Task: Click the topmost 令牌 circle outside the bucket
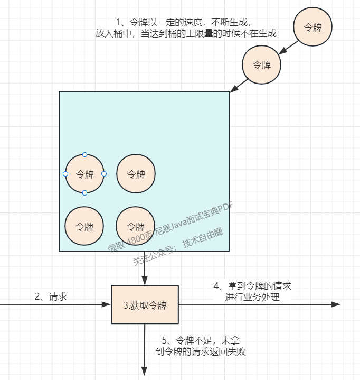click(313, 27)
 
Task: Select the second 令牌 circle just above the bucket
click(261, 65)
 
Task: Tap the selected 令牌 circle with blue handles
click(84, 174)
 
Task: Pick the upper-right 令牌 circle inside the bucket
click(136, 174)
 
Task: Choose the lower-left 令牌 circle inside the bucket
click(84, 226)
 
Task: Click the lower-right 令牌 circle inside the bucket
click(136, 226)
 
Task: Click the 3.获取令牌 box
click(145, 304)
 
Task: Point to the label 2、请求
click(51, 296)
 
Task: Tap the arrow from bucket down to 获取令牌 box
click(145, 268)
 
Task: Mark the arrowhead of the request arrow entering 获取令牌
click(107, 304)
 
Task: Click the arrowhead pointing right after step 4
click(336, 304)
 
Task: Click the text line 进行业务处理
click(252, 298)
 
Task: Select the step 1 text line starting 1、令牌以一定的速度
click(186, 22)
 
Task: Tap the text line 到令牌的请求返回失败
click(201, 351)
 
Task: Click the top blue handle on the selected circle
click(84, 154)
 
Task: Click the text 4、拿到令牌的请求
click(252, 286)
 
